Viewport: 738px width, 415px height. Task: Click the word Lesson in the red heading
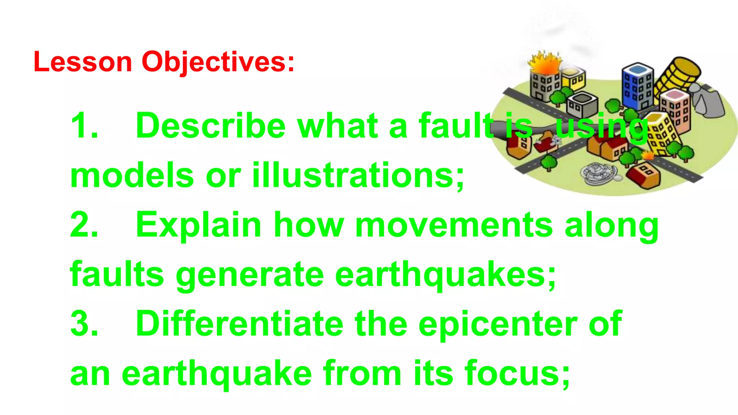83,62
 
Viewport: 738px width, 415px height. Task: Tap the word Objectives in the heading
218,62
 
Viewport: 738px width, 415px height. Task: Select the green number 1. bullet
84,126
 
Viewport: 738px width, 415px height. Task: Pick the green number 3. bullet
84,324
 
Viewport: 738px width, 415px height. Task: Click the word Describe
210,126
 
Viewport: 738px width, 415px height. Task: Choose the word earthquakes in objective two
445,275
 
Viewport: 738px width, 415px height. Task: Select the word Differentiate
239,324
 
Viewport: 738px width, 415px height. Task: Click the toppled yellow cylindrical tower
677,76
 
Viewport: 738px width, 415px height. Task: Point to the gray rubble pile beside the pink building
708,101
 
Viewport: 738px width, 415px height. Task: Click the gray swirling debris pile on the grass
596,173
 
